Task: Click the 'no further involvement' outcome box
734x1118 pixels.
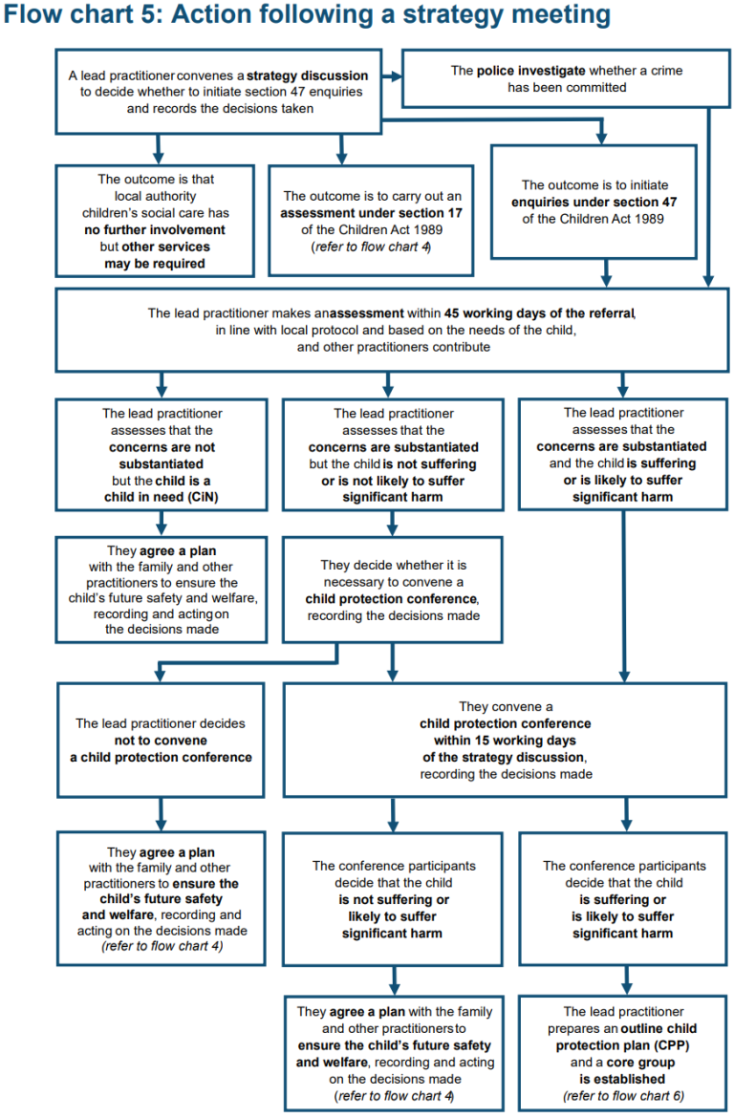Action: point(155,221)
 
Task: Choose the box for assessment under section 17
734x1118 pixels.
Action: point(373,221)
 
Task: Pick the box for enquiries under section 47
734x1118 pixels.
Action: point(594,202)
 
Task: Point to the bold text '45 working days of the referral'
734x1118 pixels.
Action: point(539,312)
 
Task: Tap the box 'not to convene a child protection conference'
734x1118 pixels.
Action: point(161,740)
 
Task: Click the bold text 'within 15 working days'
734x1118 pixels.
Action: point(505,741)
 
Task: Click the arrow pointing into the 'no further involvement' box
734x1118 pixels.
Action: point(156,149)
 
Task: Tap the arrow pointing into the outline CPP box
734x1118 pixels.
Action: point(626,979)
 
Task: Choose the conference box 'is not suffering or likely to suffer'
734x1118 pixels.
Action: point(392,899)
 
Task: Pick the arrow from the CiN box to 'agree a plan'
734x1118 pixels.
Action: point(161,522)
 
